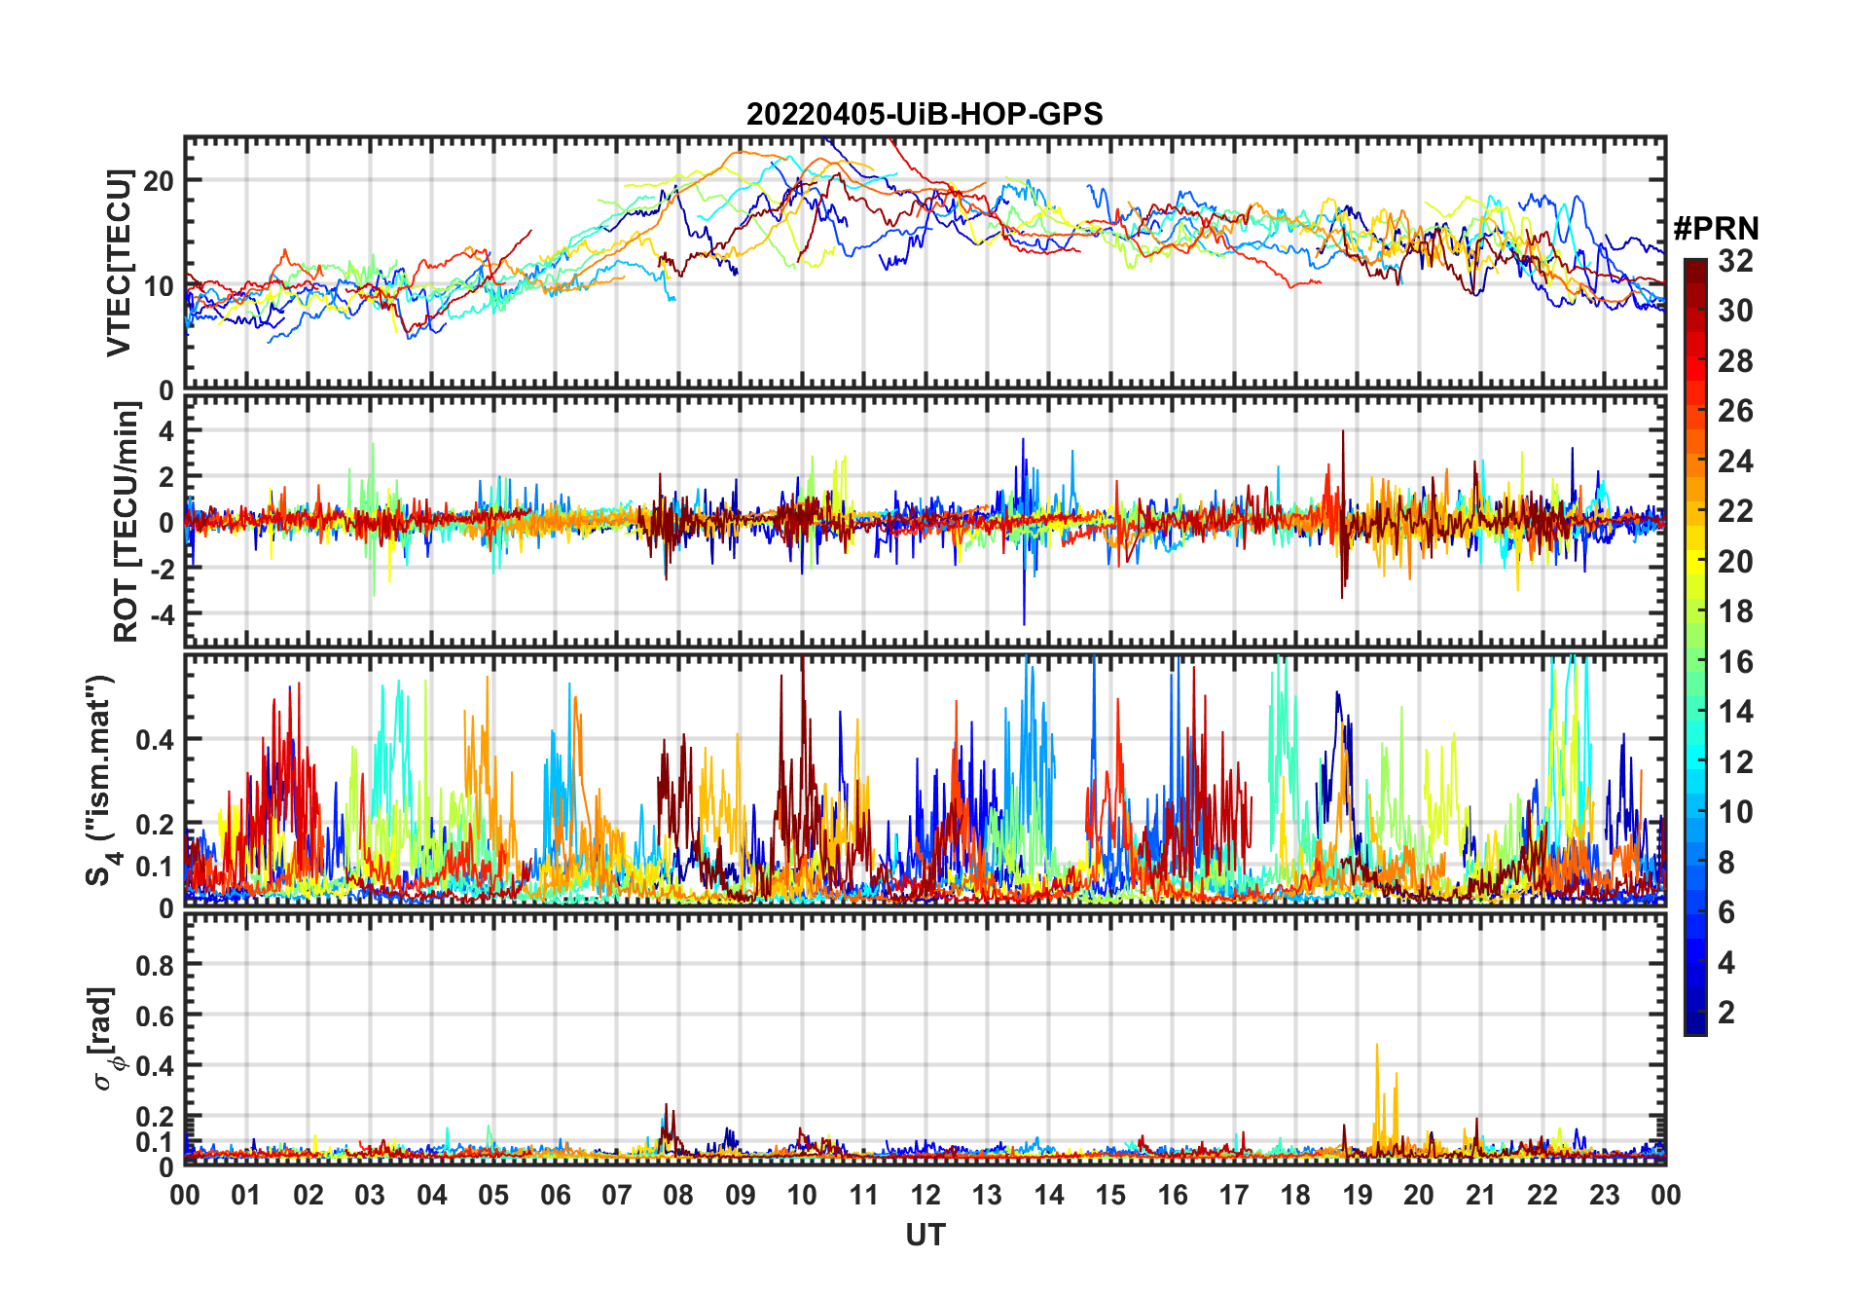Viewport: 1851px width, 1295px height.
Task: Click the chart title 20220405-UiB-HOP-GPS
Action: (x=925, y=115)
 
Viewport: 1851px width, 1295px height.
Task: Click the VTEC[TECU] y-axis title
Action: (x=119, y=263)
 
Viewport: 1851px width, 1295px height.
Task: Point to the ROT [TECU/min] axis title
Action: (x=126, y=522)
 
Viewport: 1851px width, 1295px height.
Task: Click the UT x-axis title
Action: (x=925, y=1236)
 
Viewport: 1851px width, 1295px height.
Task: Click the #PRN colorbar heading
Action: (x=1716, y=229)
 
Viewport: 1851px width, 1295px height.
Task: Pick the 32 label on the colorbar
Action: (x=1735, y=261)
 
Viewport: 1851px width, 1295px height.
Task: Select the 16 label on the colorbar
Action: (x=1735, y=662)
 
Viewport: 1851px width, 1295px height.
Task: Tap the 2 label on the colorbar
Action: (x=1726, y=1013)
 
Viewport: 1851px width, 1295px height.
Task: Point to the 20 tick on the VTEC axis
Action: (x=159, y=181)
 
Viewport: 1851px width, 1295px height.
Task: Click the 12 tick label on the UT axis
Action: (x=925, y=1196)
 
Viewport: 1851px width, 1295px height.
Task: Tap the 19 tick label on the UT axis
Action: (x=1358, y=1196)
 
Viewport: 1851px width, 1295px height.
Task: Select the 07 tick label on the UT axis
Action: (x=617, y=1196)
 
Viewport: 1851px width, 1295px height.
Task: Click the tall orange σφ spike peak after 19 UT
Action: (x=1376, y=1046)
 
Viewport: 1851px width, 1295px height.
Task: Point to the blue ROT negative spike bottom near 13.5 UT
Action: (x=1024, y=624)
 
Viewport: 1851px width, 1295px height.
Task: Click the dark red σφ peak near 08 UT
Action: (x=666, y=1105)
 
